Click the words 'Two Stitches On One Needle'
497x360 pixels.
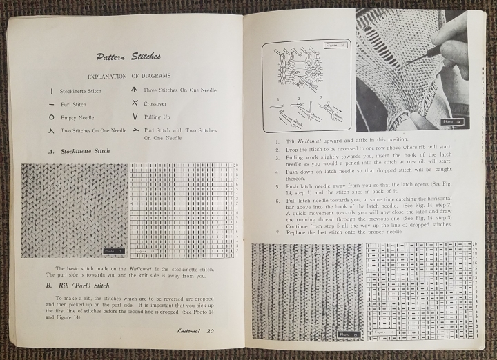93,130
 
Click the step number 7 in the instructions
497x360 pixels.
258,232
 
